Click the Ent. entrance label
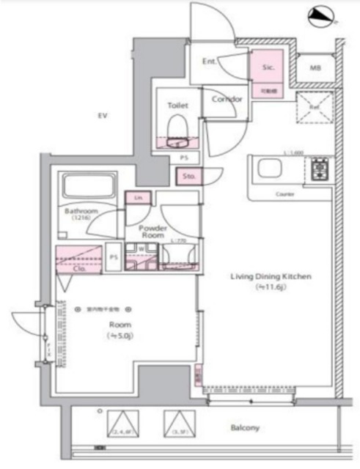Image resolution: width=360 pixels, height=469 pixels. point(210,62)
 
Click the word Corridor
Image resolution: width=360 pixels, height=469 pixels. point(222,99)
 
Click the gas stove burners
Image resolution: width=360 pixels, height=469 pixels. point(321,171)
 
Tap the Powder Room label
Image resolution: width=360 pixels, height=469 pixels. point(153,232)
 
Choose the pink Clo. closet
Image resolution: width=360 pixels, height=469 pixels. point(79,259)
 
